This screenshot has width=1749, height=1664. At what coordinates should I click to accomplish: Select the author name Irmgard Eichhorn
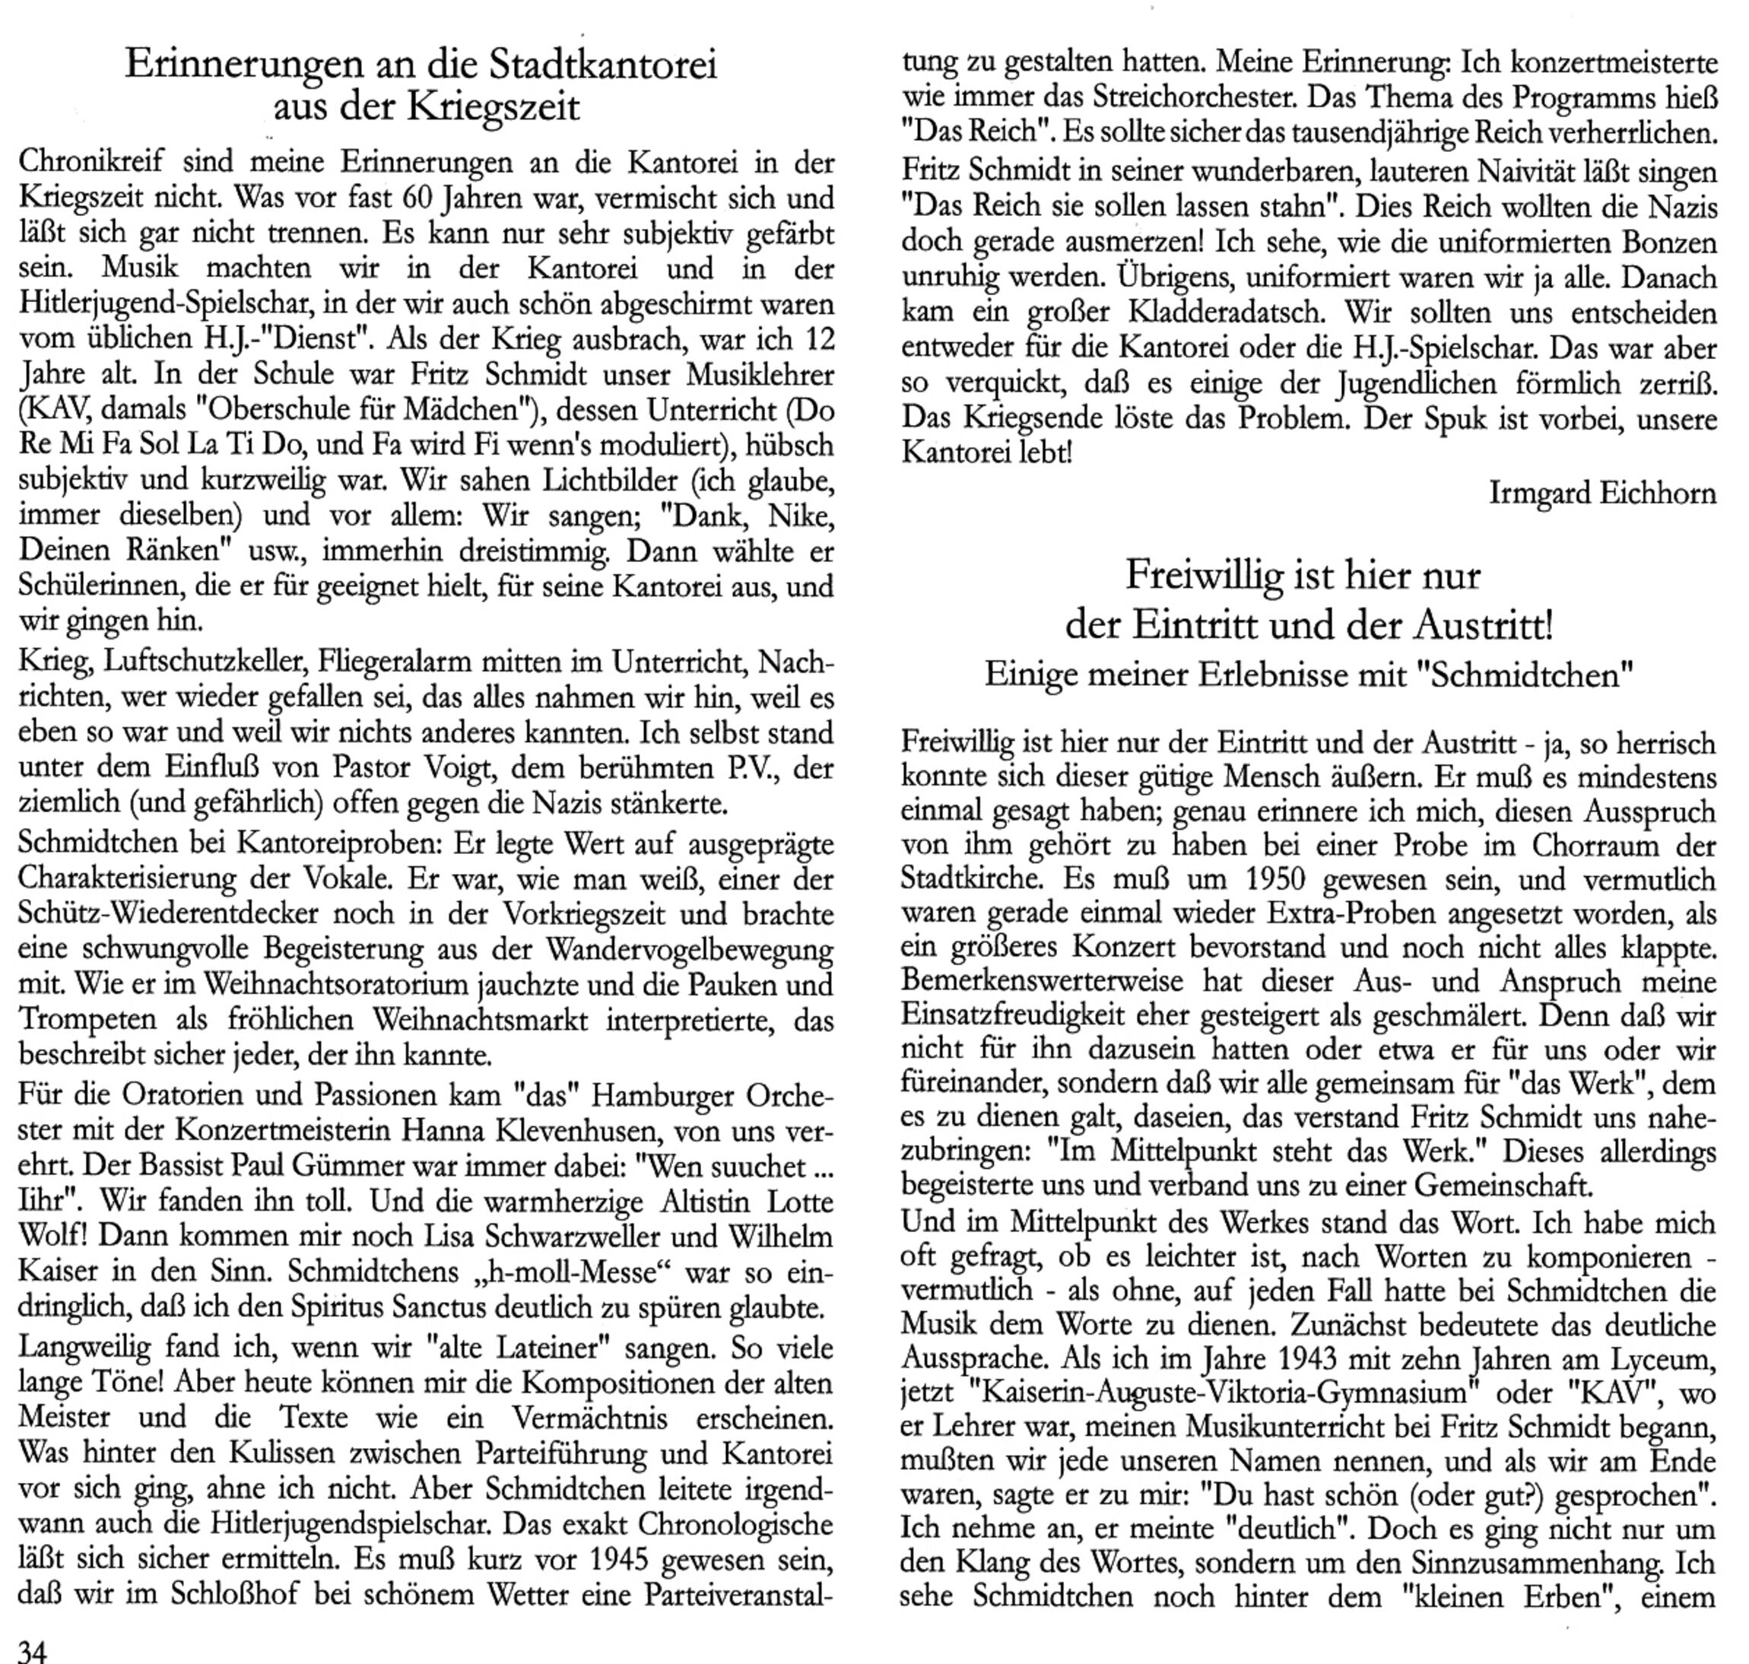coord(1601,493)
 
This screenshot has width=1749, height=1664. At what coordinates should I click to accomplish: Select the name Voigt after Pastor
coord(447,768)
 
